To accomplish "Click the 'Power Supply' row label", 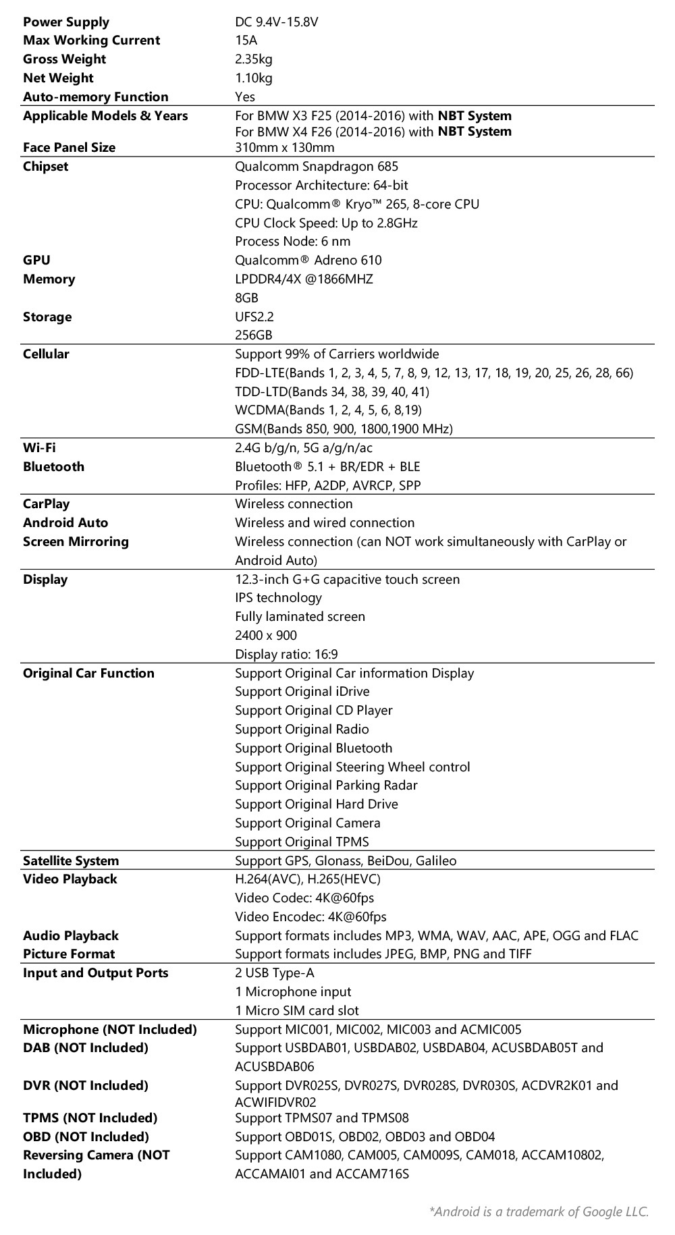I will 65,22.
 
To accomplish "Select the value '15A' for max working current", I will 246,40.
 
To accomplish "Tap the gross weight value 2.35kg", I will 253,59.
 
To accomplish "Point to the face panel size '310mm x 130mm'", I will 284,148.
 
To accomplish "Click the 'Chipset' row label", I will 45,167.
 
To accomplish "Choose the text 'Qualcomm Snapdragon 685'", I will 317,167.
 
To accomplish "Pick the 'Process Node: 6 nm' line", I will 292,242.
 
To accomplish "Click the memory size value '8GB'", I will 246,298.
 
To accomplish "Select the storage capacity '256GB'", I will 253,335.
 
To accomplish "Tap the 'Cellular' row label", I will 46,354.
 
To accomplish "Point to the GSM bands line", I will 344,429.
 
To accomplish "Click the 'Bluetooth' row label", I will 53,466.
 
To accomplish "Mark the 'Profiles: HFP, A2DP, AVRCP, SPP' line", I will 328,485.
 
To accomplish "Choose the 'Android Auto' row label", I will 65,523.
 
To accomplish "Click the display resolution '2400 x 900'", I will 266,635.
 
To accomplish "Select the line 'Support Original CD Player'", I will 313,710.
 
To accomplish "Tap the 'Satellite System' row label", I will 71,860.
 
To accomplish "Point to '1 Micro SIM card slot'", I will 296,1010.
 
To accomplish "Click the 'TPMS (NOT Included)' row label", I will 90,1118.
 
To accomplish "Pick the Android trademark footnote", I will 539,1211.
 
